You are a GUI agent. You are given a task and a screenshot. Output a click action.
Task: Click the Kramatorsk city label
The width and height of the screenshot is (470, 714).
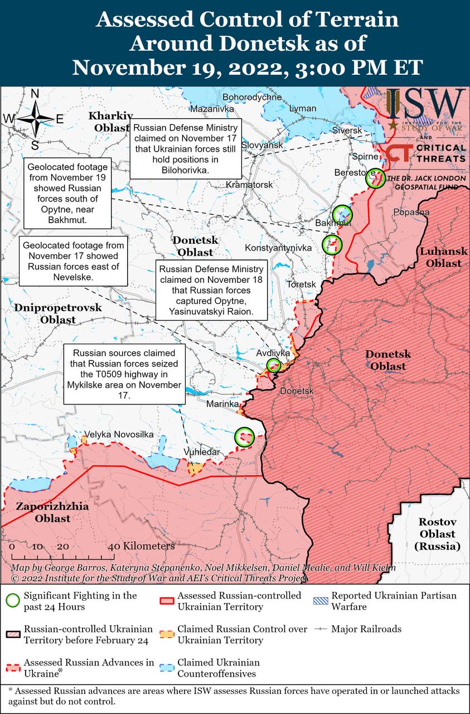pyautogui.click(x=249, y=185)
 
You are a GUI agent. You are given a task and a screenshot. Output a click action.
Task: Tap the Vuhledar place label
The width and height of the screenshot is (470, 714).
pyautogui.click(x=202, y=452)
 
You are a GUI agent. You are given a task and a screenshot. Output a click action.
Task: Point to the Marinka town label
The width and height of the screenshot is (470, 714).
pyautogui.click(x=222, y=404)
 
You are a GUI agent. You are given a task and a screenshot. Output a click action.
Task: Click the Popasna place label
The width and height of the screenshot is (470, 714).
pyautogui.click(x=411, y=212)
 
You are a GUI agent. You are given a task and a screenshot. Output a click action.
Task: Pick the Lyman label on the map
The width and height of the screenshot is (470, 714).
pyautogui.click(x=302, y=108)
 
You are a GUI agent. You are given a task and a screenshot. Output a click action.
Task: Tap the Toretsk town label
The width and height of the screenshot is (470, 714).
pyautogui.click(x=301, y=284)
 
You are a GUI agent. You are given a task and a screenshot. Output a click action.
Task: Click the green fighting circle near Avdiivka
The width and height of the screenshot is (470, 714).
pyautogui.click(x=274, y=365)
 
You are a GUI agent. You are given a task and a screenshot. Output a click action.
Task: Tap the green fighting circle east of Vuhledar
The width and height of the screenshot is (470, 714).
pyautogui.click(x=244, y=437)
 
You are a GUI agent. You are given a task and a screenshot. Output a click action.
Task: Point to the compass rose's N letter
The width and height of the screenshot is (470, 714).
pyautogui.click(x=35, y=94)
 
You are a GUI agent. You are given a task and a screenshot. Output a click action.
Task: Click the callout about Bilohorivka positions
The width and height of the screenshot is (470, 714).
pyautogui.click(x=185, y=148)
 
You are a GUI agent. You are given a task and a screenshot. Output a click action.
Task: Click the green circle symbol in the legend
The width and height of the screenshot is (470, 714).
pyautogui.click(x=13, y=601)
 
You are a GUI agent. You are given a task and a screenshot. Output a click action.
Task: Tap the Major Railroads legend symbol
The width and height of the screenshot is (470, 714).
pyautogui.click(x=319, y=629)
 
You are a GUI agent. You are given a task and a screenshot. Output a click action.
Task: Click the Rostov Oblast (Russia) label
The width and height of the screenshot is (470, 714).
pyautogui.click(x=438, y=534)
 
